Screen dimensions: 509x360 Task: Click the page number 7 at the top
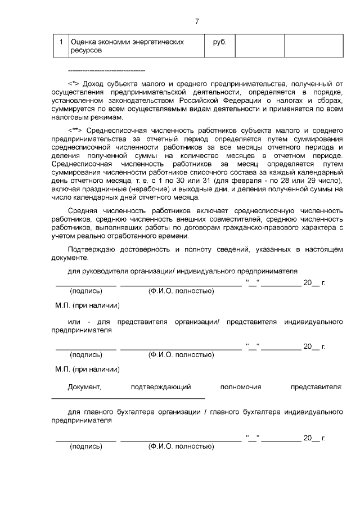tap(197, 22)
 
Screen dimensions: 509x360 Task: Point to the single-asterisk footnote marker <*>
tap(74, 83)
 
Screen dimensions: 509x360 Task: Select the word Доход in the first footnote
tap(94, 83)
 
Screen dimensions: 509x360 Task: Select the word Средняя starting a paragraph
tap(84, 210)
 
